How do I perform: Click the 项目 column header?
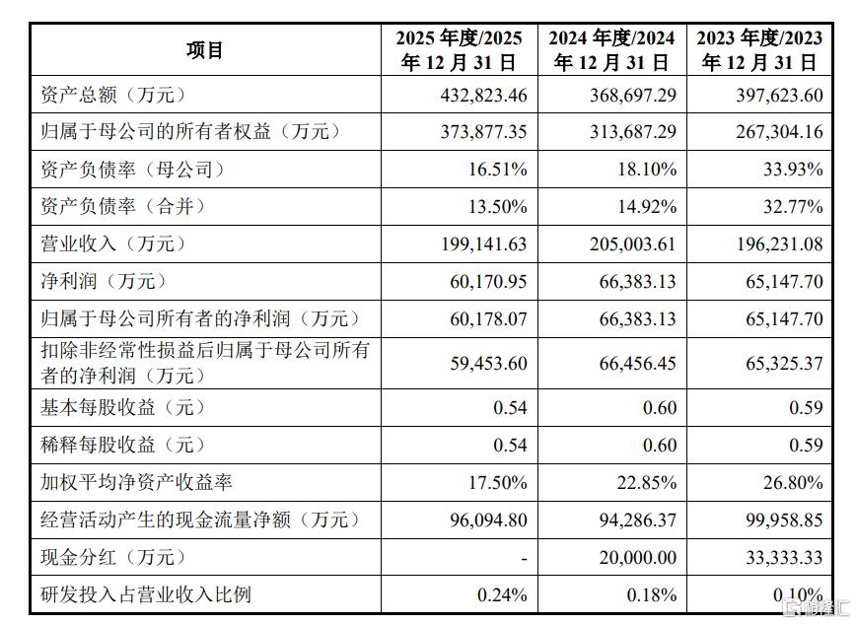(205, 50)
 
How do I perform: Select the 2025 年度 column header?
(460, 50)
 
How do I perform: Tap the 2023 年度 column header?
(759, 50)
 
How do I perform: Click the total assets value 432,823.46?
(483, 96)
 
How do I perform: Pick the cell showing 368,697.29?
(633, 96)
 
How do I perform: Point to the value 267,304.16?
(779, 132)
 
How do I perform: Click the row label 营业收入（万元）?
(114, 243)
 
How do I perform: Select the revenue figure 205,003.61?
(633, 244)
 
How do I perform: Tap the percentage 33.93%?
(793, 170)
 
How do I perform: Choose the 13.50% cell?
(498, 207)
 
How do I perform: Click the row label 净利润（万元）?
(105, 281)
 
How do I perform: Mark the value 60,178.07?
(488, 318)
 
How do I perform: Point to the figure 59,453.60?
(488, 364)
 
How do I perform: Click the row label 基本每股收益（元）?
(124, 407)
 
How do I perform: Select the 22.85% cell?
(647, 483)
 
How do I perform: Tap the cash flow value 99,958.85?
(784, 520)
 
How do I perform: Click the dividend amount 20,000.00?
(638, 557)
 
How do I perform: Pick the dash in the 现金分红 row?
(524, 559)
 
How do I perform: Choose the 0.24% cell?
(502, 594)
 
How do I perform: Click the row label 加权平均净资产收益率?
(136, 482)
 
